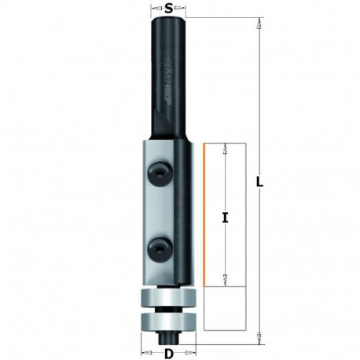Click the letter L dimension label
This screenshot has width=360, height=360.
pos(260,182)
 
